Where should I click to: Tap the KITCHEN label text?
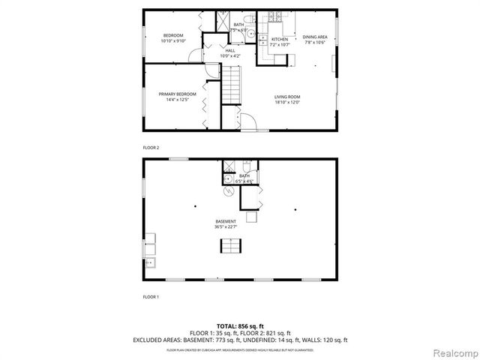pos(280,39)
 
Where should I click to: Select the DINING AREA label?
pos(315,37)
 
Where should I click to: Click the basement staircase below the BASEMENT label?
pos(231,247)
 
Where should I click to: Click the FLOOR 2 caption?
pos(151,147)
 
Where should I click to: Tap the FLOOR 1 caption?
pos(151,297)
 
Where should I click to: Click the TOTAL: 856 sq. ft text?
pos(239,325)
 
